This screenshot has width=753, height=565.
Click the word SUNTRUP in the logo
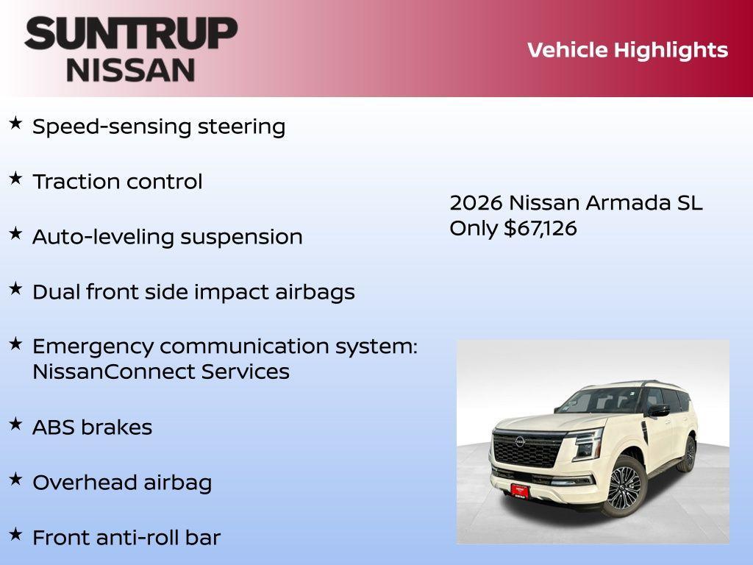pyautogui.click(x=131, y=34)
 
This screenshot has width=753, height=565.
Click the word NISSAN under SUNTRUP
pyautogui.click(x=131, y=70)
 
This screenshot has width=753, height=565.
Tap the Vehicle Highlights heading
pyautogui.click(x=627, y=50)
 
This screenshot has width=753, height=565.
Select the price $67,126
pyautogui.click(x=540, y=228)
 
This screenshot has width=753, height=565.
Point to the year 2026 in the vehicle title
pyautogui.click(x=475, y=203)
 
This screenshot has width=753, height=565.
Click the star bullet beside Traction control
pyautogui.click(x=15, y=178)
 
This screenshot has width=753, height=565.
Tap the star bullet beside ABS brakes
pyautogui.click(x=15, y=424)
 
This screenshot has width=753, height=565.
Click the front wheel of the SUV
pyautogui.click(x=624, y=486)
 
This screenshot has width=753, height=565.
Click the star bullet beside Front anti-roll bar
pyautogui.click(x=15, y=534)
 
